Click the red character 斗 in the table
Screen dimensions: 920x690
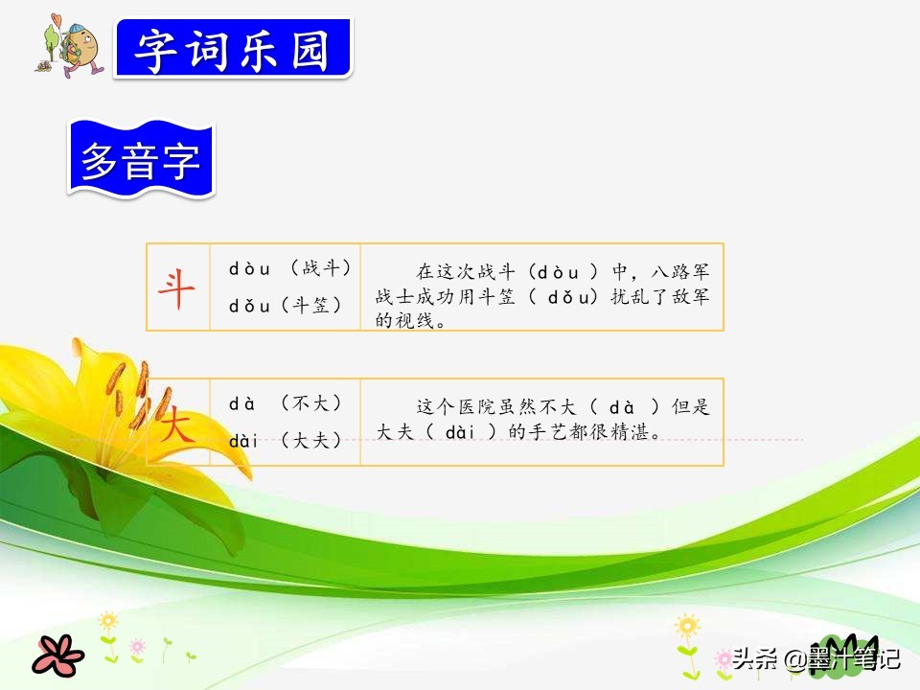pos(176,288)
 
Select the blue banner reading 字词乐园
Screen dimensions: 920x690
pos(233,48)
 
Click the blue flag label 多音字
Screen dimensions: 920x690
pos(141,160)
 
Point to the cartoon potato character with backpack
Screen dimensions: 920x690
pos(74,46)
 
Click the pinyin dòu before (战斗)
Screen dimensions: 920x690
pos(249,269)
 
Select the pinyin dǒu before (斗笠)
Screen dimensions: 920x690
pos(249,306)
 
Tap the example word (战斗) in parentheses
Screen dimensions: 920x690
pos(321,268)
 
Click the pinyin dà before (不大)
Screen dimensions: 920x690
pos(242,403)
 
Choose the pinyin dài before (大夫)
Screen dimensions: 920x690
pos(243,440)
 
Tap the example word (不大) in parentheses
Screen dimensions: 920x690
pos(311,403)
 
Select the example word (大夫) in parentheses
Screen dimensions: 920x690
pos(311,440)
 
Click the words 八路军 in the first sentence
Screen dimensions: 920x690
pos(680,271)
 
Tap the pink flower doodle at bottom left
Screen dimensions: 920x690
pos(58,655)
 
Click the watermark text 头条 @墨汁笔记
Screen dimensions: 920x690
pos(816,657)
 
